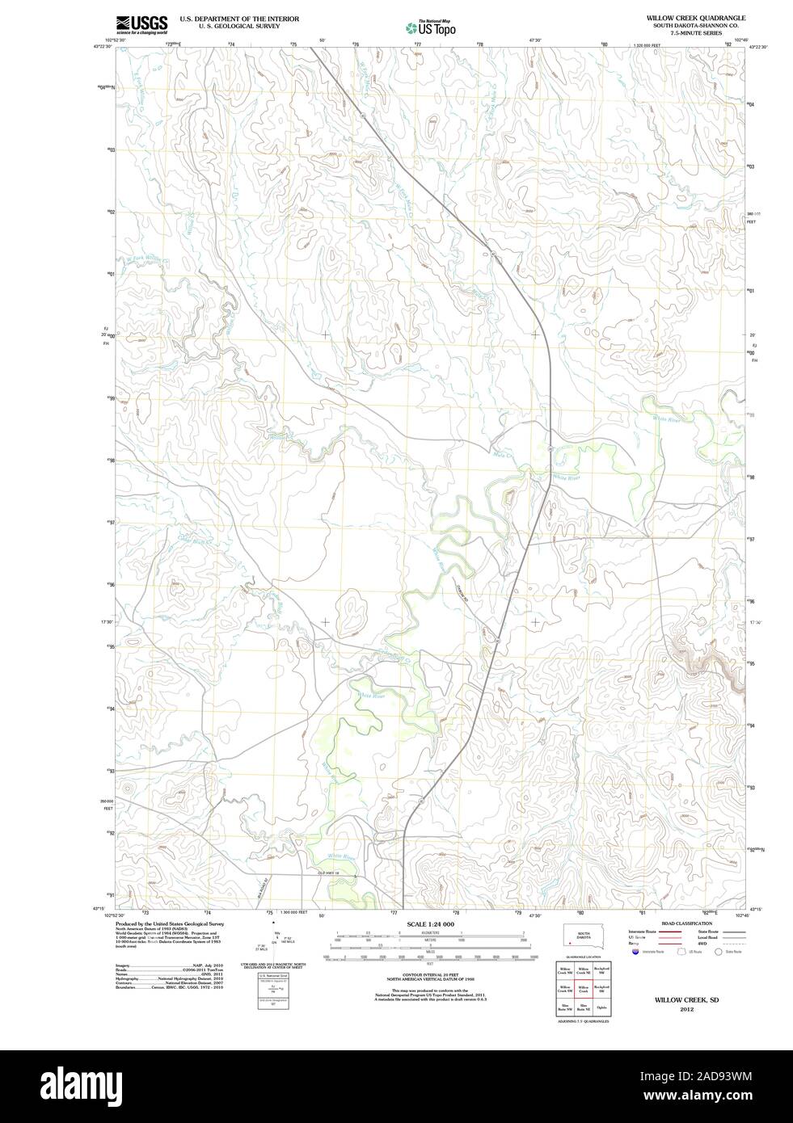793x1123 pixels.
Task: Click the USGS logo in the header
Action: tap(141, 23)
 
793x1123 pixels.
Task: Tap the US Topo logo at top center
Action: tap(431, 27)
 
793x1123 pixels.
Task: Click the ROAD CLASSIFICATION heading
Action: tap(687, 923)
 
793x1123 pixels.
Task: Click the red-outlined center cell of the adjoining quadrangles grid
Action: tap(583, 989)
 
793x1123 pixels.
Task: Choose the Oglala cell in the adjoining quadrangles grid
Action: tap(601, 1007)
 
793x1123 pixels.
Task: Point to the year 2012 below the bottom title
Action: tap(686, 1009)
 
